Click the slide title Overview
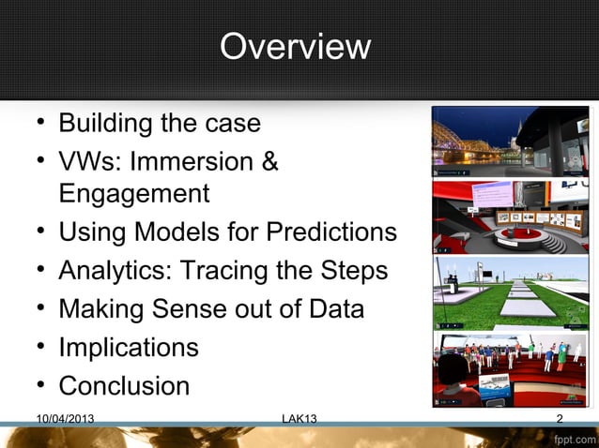coord(295,47)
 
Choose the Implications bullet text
coord(129,347)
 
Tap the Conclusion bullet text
coord(124,385)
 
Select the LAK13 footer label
coord(299,419)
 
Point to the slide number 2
coord(560,419)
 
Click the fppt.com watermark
coord(574,438)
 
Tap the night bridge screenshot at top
coord(510,142)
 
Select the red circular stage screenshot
coord(510,217)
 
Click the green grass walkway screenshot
coord(510,292)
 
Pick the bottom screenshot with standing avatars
coord(510,369)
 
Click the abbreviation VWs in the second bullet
coord(89,161)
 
